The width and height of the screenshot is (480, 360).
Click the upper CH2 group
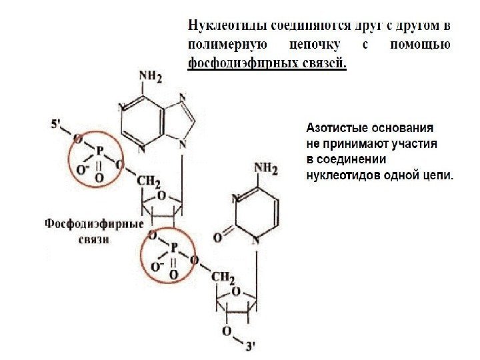point(147,181)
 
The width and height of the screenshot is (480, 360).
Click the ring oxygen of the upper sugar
point(161,195)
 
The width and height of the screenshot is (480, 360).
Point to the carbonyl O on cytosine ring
point(217,237)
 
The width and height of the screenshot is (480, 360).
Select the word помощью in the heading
point(419,45)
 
